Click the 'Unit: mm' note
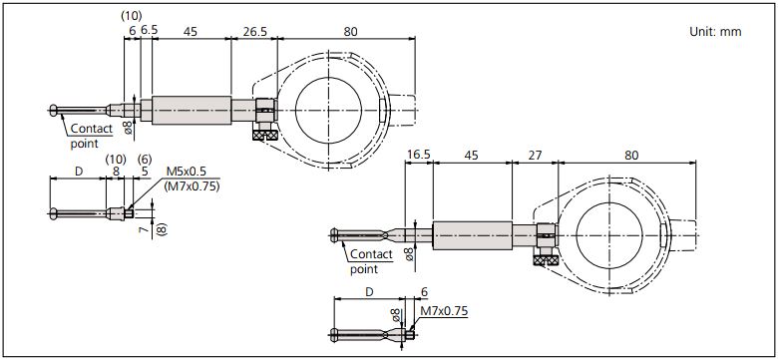coord(715,32)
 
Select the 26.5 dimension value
coord(254,31)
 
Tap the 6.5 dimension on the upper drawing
coord(149,31)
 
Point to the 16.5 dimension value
coord(419,156)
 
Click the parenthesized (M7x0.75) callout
coord(192,185)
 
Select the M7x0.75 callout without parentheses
coord(445,310)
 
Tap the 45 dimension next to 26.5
coord(190,31)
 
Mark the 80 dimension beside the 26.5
coord(349,31)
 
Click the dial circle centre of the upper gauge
coord(333,109)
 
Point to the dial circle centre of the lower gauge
coord(612,234)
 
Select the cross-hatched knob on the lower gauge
coord(546,259)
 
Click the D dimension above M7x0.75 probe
coord(369,293)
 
